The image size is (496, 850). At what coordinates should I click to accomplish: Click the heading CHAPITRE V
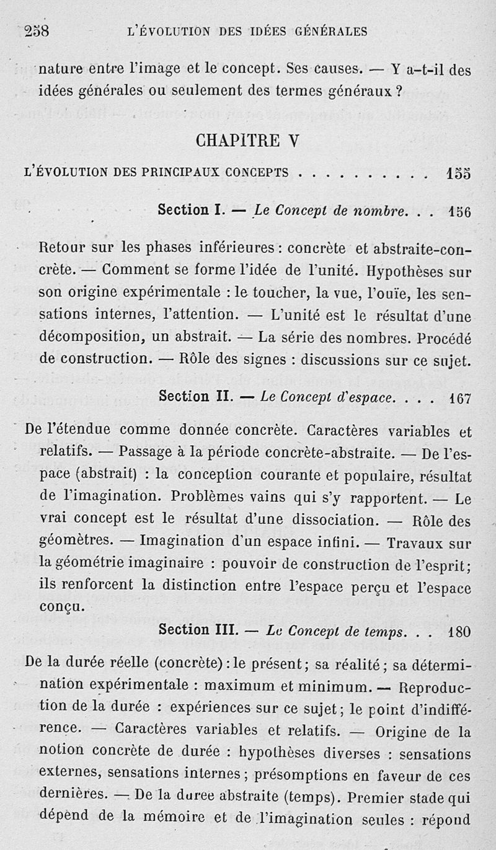[x=247, y=141]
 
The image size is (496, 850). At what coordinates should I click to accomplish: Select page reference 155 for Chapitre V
[x=458, y=174]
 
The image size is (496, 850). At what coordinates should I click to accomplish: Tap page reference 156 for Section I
[x=459, y=211]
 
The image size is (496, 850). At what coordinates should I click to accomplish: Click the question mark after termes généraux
[x=400, y=91]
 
